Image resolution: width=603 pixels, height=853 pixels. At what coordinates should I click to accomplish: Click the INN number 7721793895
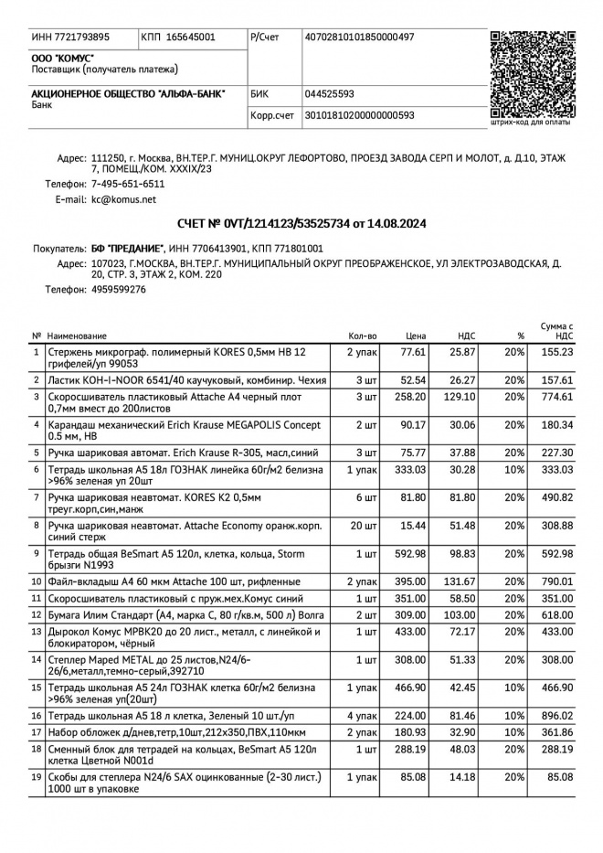[x=83, y=37]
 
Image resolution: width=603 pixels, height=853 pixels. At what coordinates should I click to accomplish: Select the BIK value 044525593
[x=329, y=93]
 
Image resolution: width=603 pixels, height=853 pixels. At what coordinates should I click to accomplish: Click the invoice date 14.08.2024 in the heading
[x=395, y=223]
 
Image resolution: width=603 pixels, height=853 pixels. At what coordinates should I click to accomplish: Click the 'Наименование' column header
[x=77, y=336]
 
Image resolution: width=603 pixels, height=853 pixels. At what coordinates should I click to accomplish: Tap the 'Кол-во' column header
[x=362, y=336]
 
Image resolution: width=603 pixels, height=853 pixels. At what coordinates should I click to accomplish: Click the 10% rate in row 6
[x=514, y=469]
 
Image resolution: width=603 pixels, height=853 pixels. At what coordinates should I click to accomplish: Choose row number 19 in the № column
[x=37, y=777]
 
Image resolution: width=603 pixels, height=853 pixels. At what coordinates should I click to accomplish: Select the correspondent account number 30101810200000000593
[x=359, y=115]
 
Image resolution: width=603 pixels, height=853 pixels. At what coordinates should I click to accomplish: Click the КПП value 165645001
[x=191, y=37]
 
